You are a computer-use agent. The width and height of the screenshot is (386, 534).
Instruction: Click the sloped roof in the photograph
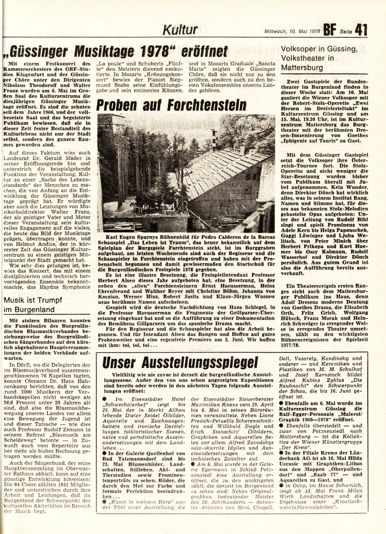pos(223,172)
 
